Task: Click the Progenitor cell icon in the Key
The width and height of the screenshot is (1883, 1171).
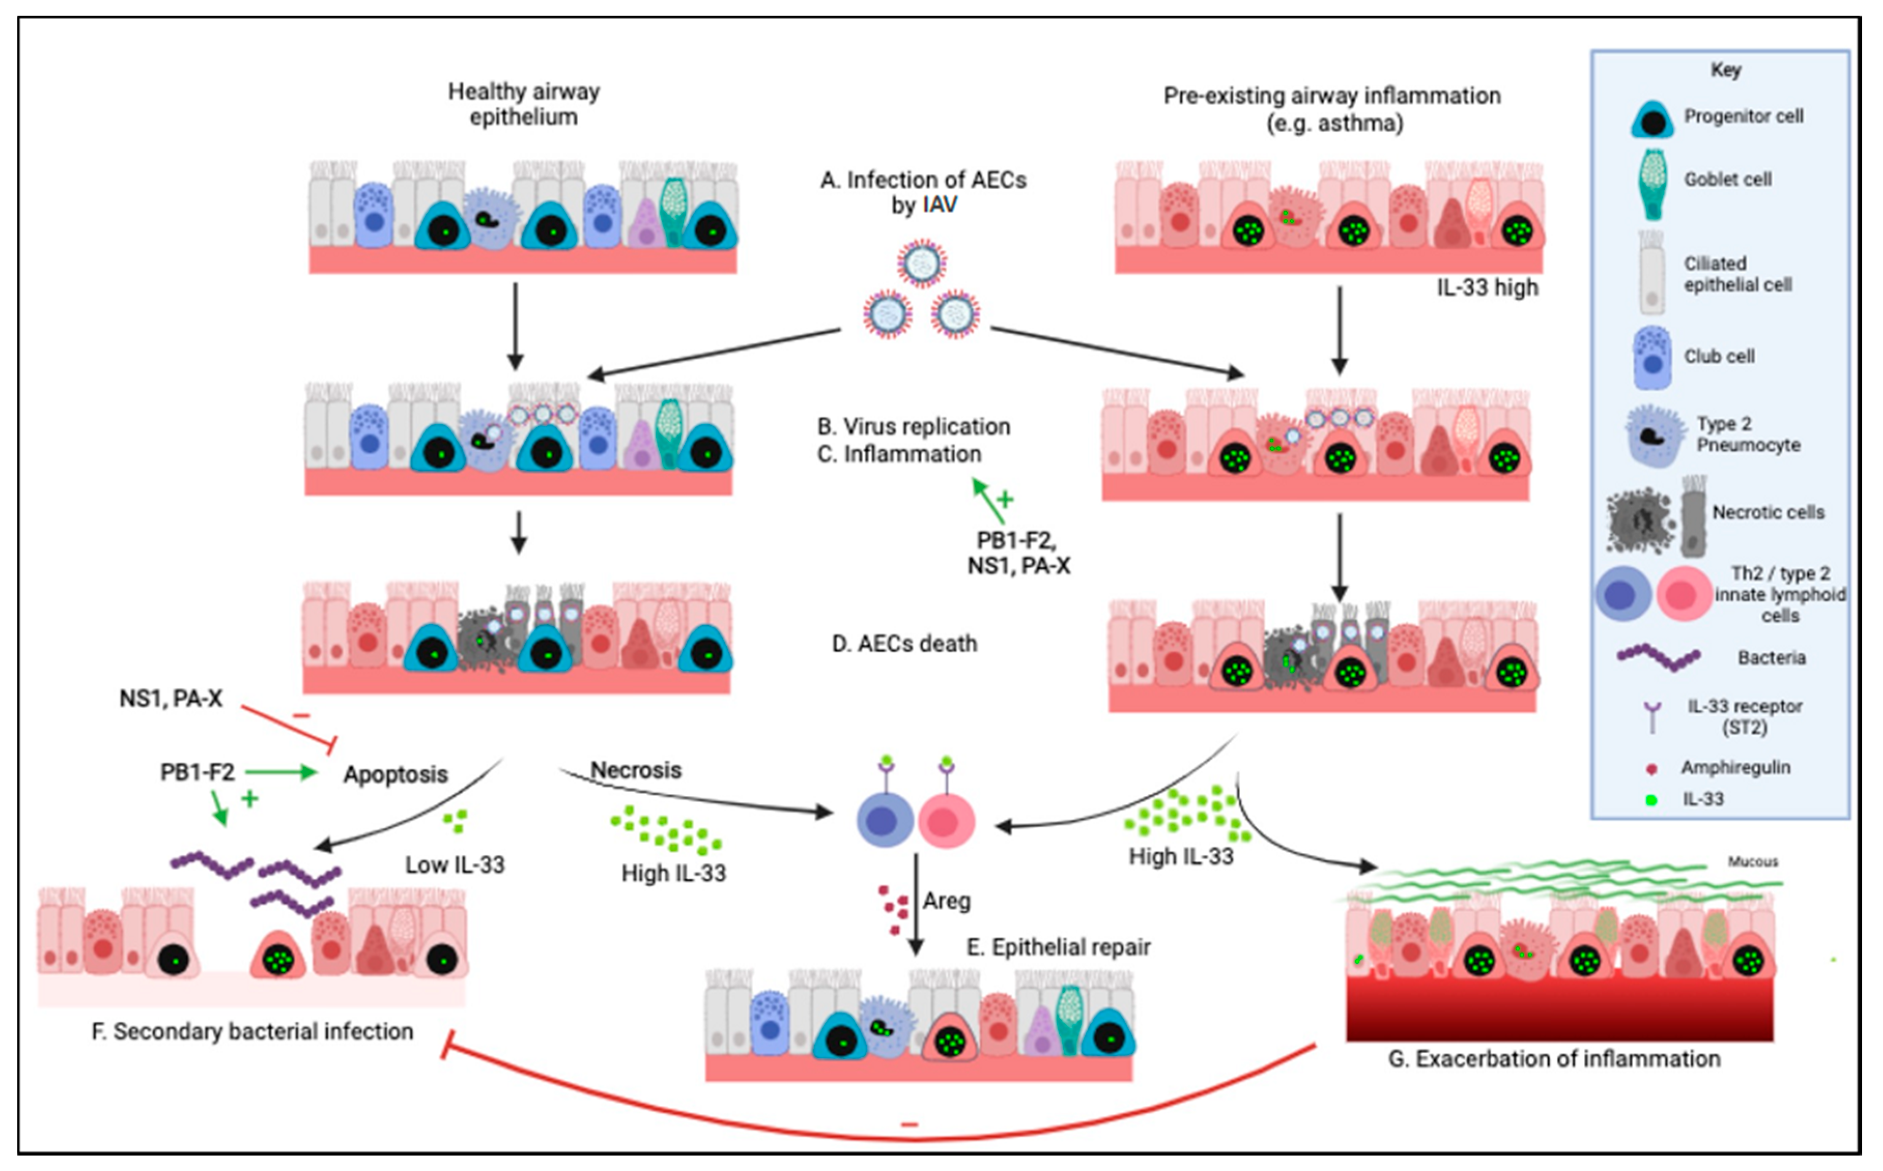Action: pyautogui.click(x=1652, y=119)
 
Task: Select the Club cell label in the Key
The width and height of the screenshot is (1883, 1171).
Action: pyautogui.click(x=1719, y=356)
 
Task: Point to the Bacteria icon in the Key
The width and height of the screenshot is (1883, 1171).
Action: pyautogui.click(x=1658, y=658)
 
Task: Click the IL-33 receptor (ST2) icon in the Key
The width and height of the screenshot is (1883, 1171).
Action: pyautogui.click(x=1652, y=716)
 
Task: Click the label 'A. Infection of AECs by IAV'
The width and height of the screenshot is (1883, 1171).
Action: pyautogui.click(x=923, y=192)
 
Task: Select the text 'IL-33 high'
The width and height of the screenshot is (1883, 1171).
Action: pyautogui.click(x=1487, y=287)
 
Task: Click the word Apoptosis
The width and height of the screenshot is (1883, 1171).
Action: pyautogui.click(x=395, y=774)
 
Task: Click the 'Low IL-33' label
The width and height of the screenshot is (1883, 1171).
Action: pyautogui.click(x=455, y=864)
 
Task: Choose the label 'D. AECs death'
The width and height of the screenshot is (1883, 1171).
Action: pyautogui.click(x=904, y=644)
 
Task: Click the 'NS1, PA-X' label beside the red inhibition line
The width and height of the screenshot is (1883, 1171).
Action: pyautogui.click(x=170, y=699)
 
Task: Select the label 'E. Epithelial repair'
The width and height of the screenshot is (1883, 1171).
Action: pyautogui.click(x=1058, y=947)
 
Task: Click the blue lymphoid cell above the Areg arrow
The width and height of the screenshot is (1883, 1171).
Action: pyautogui.click(x=885, y=820)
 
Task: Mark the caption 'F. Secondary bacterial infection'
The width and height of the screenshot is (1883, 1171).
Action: pyautogui.click(x=252, y=1032)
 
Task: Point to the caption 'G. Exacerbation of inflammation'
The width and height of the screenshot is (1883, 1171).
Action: pyautogui.click(x=1554, y=1059)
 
